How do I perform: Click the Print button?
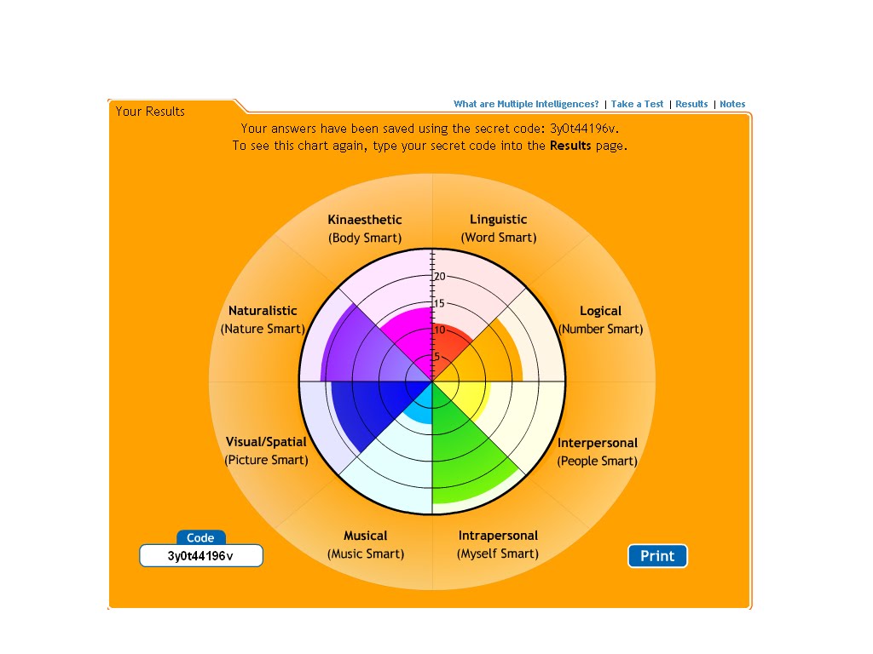point(657,556)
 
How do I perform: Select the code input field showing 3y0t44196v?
point(201,556)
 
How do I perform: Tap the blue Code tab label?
point(201,538)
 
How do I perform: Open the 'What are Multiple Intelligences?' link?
point(526,104)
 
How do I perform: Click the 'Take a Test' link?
point(637,104)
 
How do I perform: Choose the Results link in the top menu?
point(691,104)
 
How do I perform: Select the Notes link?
point(732,104)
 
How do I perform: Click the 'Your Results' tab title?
point(150,111)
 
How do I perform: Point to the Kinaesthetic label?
point(364,220)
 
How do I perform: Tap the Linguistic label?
point(499,220)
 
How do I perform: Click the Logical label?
point(600,311)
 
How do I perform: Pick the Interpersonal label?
point(597,443)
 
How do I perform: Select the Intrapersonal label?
point(498,536)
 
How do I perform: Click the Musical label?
point(365,536)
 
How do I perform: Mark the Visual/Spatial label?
point(266,442)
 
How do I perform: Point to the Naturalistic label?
point(263,311)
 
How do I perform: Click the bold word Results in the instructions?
point(570,146)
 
